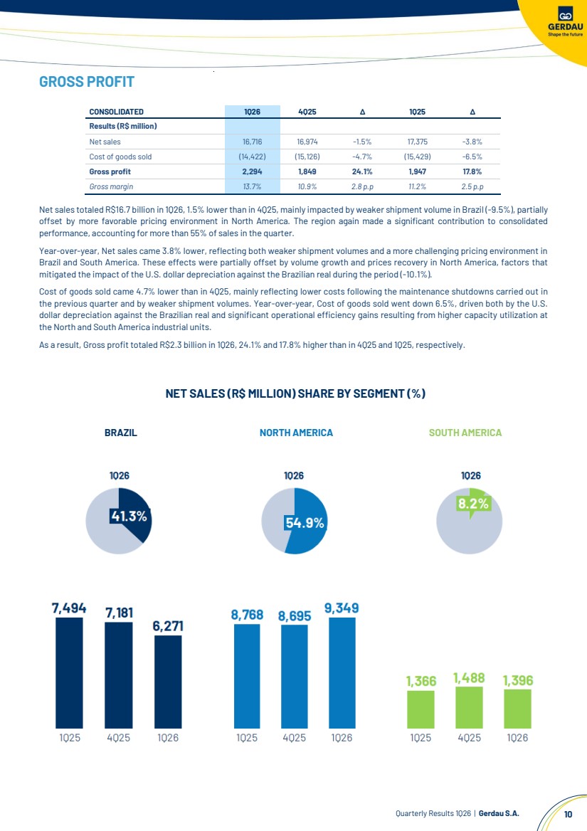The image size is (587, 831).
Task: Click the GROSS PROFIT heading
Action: click(87, 82)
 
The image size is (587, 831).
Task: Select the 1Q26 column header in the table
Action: click(252, 112)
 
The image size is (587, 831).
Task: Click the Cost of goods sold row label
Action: click(120, 157)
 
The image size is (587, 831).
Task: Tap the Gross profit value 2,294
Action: click(252, 171)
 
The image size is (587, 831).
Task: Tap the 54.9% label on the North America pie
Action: click(305, 522)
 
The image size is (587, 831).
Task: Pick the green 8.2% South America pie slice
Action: click(473, 502)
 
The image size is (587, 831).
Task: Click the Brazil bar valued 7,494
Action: click(69, 672)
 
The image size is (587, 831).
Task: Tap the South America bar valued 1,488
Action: click(469, 708)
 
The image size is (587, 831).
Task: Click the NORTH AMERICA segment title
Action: click(296, 433)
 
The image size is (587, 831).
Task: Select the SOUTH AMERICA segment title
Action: click(465, 433)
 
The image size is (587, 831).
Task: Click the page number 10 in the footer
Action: click(568, 813)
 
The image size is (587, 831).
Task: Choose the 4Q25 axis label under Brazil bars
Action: click(118, 738)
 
